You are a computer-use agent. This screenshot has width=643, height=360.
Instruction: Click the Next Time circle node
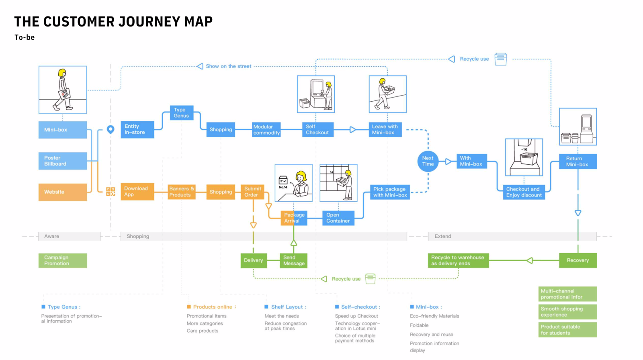point(428,161)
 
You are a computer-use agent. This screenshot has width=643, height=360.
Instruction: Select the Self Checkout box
point(317,129)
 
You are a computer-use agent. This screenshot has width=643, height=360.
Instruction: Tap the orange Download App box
point(137,192)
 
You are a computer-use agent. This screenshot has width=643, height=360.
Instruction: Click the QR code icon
point(111,192)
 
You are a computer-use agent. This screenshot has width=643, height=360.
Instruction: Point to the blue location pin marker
point(111,129)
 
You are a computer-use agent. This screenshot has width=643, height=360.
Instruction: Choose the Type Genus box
point(181,113)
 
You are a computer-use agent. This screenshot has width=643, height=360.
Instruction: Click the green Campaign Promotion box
point(63,260)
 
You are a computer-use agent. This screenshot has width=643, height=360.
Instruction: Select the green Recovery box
point(577,260)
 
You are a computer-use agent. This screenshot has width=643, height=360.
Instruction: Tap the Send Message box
point(294,260)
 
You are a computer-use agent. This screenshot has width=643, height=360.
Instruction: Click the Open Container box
point(338,218)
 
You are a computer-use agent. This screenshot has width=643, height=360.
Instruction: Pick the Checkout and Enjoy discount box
point(524,192)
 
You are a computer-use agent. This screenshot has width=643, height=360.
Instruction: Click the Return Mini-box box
point(577,162)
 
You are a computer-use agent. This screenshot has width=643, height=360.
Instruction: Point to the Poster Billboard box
point(63,161)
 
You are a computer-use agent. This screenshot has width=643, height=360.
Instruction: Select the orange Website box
point(63,192)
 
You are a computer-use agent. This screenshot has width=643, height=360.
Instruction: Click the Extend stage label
point(443,236)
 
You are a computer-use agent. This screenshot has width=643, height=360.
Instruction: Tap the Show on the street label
point(228,66)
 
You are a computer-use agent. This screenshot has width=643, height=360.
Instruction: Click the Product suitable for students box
point(567,330)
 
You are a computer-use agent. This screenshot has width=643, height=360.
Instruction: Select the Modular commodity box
point(266,130)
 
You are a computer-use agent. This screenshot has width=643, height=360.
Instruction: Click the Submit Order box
point(253,192)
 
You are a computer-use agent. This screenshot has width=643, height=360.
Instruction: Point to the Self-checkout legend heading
point(360,307)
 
